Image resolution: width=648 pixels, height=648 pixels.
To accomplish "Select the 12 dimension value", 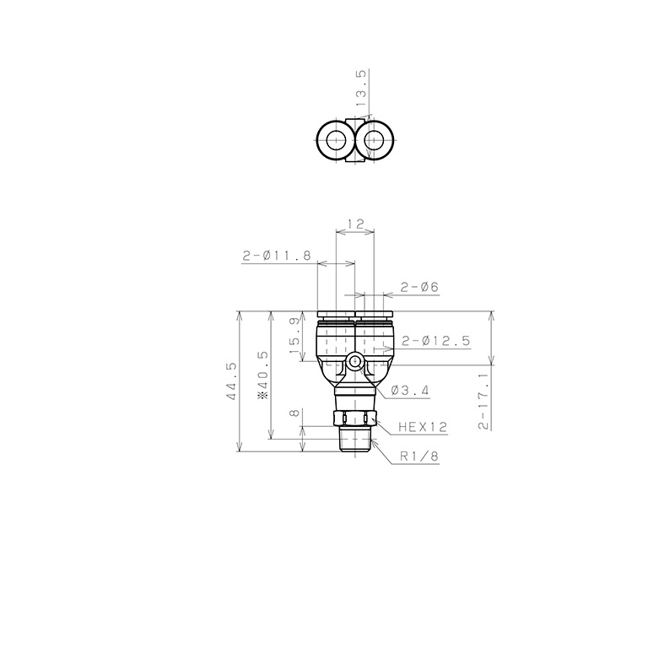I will coord(354,224).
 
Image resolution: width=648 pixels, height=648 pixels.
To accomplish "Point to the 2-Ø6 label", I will coord(419,288).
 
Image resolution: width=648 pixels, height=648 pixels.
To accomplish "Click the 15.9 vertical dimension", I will coord(294,337).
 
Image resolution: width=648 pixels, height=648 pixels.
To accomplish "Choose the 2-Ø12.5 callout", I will coord(435,341).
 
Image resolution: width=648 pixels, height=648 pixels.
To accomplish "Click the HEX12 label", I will coord(421,428).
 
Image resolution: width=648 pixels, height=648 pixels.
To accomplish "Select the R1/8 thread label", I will coord(420,456).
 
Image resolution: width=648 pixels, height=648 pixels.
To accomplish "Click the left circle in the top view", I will coord(335,140).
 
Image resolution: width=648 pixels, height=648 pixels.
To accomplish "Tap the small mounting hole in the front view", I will coord(354,364).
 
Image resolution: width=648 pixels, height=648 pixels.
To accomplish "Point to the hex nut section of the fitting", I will coord(354,418).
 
